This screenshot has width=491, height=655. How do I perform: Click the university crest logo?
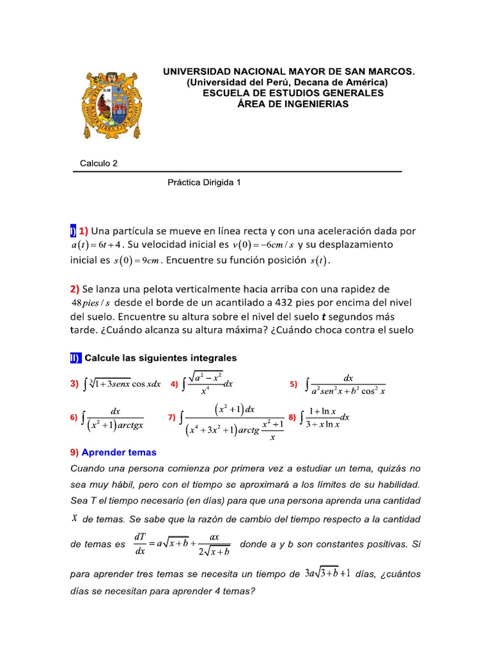point(108,106)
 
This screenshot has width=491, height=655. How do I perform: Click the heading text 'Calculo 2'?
point(98,163)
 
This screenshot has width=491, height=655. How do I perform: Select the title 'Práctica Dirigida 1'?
point(204,182)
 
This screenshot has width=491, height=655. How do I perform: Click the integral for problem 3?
point(122,384)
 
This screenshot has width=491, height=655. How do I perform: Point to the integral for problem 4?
point(208,383)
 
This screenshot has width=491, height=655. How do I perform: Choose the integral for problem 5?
point(348,384)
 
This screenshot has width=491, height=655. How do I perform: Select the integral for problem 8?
point(324,418)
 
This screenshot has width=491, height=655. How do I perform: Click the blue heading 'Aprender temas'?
point(118,452)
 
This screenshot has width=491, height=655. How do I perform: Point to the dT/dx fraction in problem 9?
point(141,544)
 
